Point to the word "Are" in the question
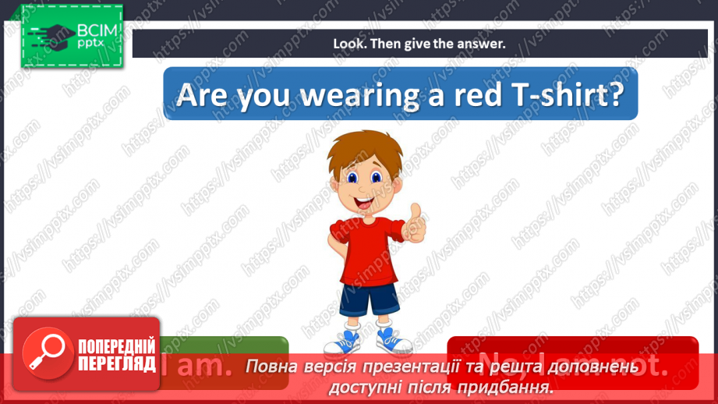[x=201, y=94]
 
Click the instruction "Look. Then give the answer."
[x=419, y=44]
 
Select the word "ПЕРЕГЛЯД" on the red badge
[x=115, y=363]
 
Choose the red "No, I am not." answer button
[x=573, y=363]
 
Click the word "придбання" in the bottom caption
[x=513, y=386]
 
